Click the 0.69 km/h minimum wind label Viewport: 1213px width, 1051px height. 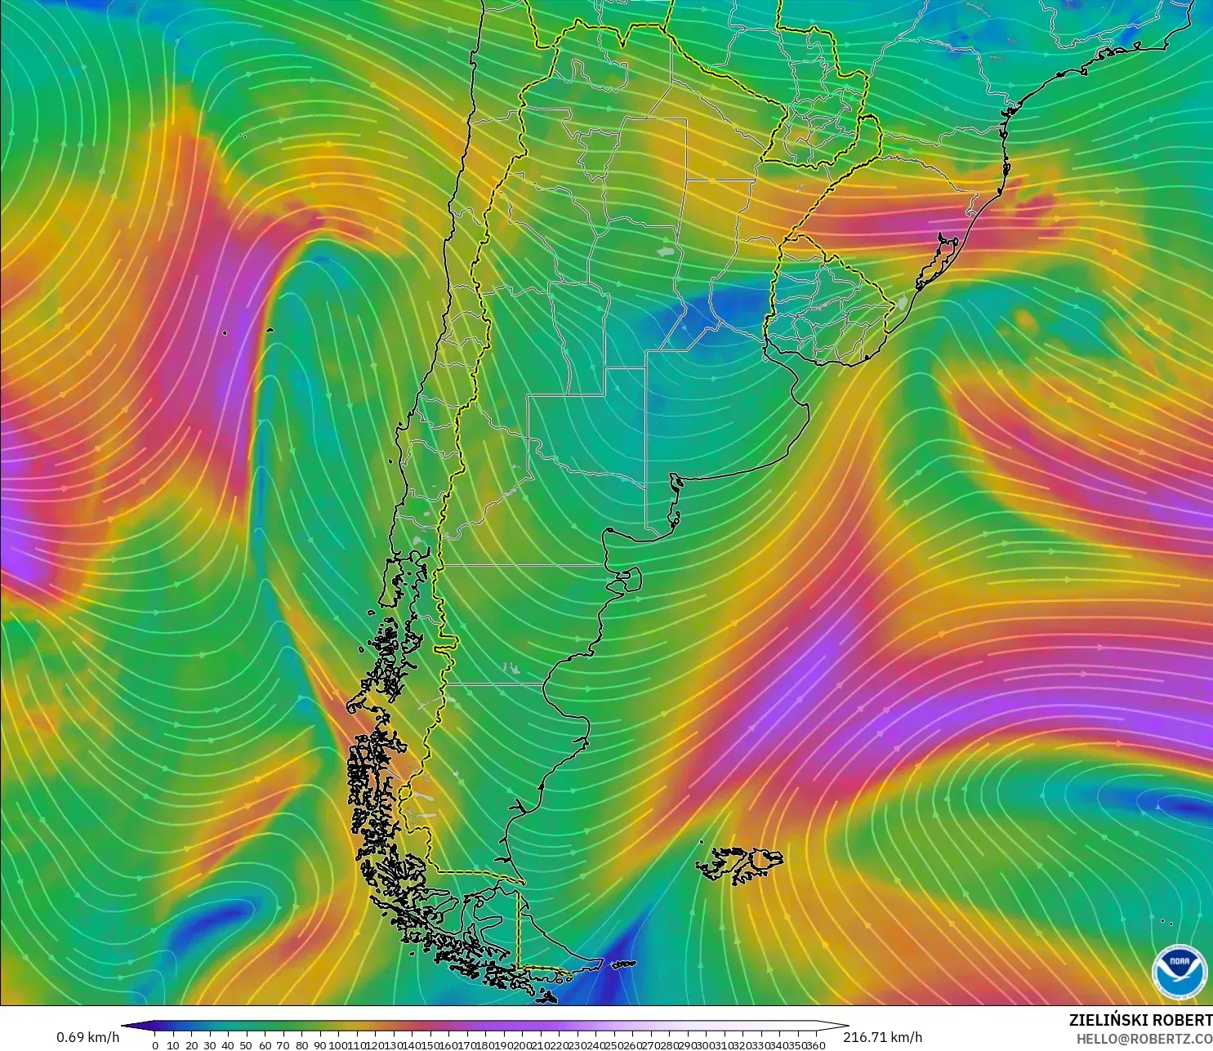tap(87, 1037)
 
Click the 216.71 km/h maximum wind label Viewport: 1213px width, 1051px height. tap(882, 1037)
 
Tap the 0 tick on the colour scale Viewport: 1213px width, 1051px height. tap(155, 1045)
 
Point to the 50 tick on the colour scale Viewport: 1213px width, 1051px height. tap(246, 1045)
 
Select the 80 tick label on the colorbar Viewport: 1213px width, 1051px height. tap(301, 1045)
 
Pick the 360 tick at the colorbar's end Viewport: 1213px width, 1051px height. tap(814, 1045)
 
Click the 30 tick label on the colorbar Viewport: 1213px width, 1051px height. tap(210, 1045)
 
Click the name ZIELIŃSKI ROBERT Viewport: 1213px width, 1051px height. tap(1140, 1020)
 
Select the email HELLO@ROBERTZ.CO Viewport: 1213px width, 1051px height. tap(1144, 1039)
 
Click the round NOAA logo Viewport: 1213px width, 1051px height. tap(1179, 971)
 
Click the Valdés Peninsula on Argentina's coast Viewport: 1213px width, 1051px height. tap(629, 581)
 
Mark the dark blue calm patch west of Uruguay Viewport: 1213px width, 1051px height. tap(719, 306)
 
